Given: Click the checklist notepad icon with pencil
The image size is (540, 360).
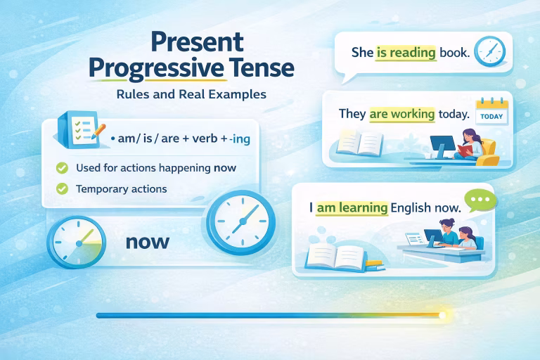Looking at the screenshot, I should [80, 129].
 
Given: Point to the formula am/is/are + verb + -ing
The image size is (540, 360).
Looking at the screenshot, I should [181, 140].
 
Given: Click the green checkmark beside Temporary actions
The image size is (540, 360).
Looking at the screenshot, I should [62, 188].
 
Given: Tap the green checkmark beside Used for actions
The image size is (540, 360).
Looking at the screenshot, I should [62, 168].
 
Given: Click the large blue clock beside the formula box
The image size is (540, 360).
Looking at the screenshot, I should [238, 222].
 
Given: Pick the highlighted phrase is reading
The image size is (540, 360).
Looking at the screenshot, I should [406, 52].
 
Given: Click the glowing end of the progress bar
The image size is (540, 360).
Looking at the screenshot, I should [442, 316].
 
